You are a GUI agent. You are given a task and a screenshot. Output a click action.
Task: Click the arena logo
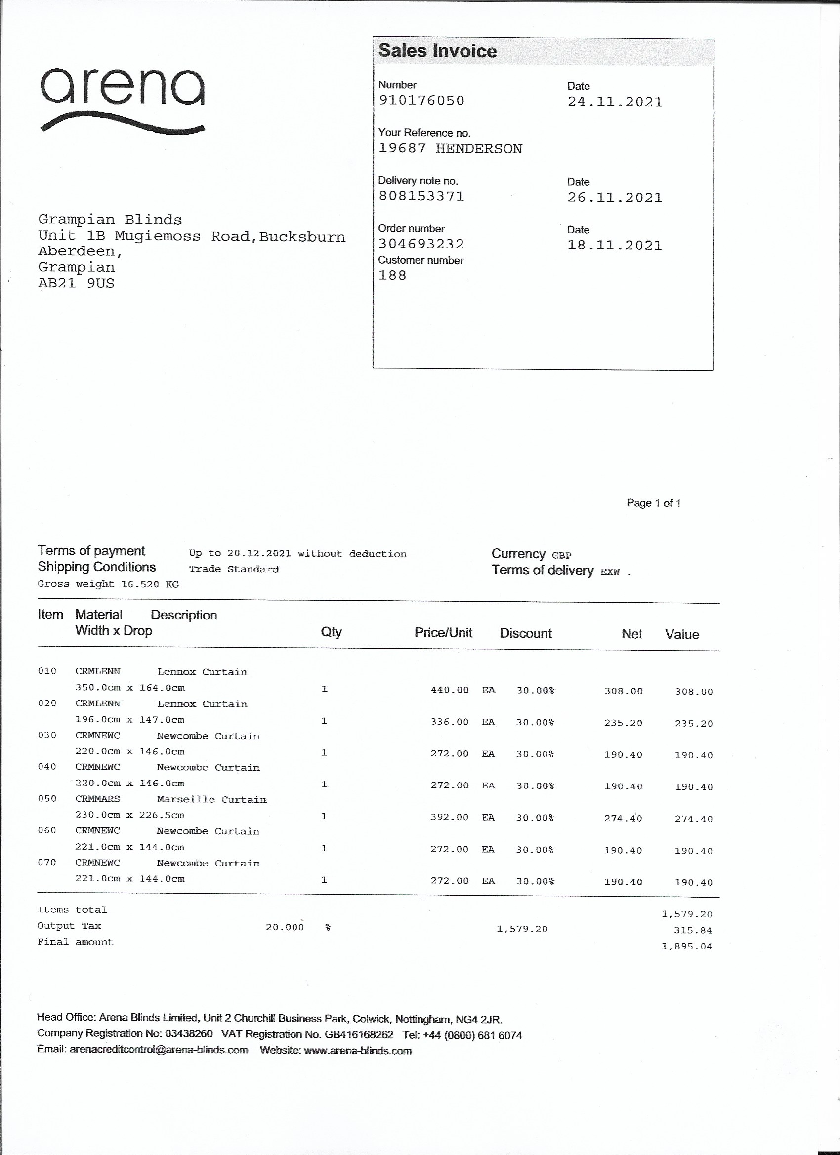[122, 100]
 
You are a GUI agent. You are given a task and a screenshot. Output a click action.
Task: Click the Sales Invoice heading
[437, 51]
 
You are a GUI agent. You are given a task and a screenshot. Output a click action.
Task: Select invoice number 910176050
[421, 100]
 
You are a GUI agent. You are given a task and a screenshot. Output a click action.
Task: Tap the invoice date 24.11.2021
[615, 102]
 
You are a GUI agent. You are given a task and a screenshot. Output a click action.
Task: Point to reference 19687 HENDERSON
[450, 149]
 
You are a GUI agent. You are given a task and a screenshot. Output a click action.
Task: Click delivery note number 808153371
[421, 196]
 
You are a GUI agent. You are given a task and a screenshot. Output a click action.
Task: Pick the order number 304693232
[421, 244]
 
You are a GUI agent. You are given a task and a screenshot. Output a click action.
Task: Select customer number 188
[392, 276]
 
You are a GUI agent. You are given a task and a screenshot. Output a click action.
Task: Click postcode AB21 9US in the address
[77, 283]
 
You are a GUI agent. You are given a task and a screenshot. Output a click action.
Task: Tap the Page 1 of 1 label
[654, 503]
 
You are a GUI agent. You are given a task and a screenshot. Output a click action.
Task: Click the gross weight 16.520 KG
[150, 584]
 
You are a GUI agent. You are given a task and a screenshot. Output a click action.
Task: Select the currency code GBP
[561, 555]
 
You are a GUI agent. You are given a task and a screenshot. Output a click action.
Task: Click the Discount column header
[525, 633]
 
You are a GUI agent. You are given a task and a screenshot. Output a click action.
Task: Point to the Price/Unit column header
[443, 632]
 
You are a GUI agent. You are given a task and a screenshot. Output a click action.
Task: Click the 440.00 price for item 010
[449, 690]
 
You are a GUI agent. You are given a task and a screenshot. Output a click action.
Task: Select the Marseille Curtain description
[211, 799]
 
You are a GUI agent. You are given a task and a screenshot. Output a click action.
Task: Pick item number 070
[47, 862]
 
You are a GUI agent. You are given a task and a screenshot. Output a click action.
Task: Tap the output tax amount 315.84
[693, 930]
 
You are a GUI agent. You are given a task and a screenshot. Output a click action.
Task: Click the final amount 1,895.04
[687, 946]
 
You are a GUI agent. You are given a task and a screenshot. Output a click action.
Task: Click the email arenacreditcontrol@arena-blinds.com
[159, 1050]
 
